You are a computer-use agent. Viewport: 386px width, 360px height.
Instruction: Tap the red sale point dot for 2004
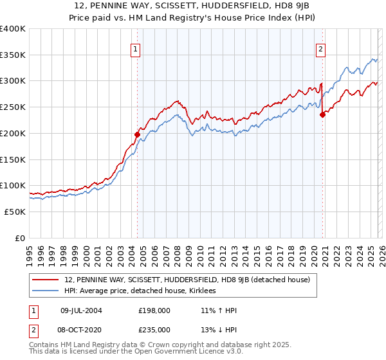(137, 134)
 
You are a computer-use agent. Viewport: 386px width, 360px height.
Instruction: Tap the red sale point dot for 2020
(322, 115)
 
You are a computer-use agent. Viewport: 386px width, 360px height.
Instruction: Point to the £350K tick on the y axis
(13, 55)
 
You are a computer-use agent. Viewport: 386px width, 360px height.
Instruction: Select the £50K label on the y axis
(14, 212)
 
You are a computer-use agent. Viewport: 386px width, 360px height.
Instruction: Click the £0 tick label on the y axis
(19, 238)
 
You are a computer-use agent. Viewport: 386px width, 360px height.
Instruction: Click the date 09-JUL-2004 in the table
(82, 310)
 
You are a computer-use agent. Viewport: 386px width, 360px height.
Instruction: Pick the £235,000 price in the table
(155, 329)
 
